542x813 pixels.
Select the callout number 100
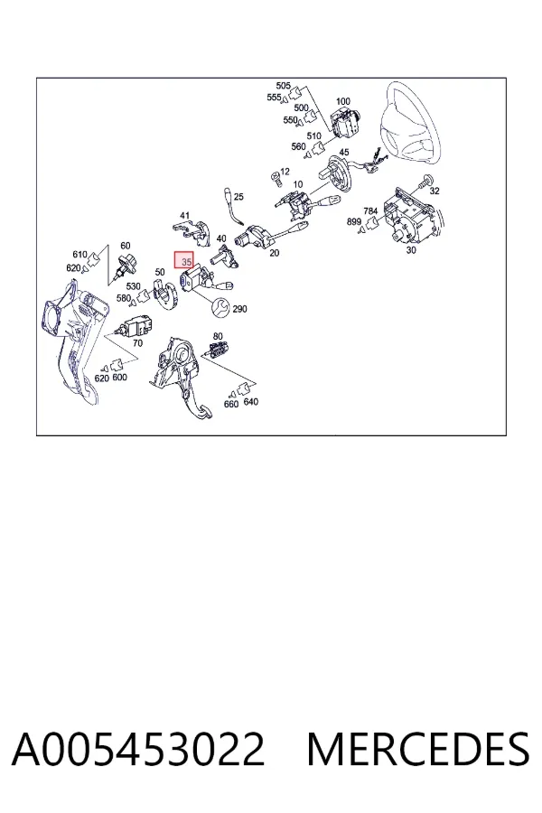click(x=343, y=101)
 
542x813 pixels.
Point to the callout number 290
click(x=239, y=309)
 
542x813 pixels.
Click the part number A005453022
click(x=138, y=749)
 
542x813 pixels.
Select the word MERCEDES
click(x=418, y=749)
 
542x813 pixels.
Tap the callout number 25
click(x=238, y=197)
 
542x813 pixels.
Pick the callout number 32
click(x=435, y=191)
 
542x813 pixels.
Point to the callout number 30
click(x=411, y=250)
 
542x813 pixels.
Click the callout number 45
click(x=344, y=153)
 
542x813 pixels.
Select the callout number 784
click(x=370, y=211)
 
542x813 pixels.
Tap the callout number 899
click(x=354, y=222)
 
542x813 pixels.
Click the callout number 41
click(x=184, y=216)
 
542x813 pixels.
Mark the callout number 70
click(x=137, y=343)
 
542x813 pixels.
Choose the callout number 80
click(x=218, y=337)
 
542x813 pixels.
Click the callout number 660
click(x=231, y=404)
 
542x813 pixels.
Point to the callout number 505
click(x=283, y=86)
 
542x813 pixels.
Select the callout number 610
click(x=79, y=254)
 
